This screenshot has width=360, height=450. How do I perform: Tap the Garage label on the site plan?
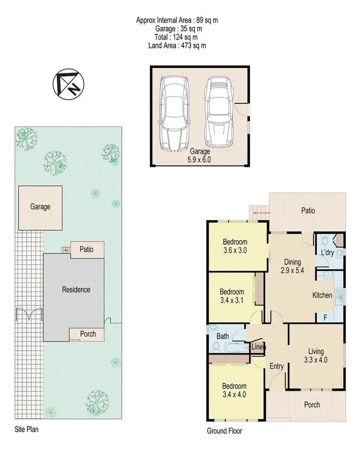(x=40, y=207)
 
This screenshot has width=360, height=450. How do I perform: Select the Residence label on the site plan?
(x=76, y=290)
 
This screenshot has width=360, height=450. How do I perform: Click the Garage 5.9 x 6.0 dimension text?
(x=198, y=155)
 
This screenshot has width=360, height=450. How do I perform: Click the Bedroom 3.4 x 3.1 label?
(x=232, y=296)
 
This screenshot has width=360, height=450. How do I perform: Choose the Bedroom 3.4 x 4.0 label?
(x=234, y=390)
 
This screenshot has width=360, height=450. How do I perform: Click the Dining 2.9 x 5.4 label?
(x=292, y=266)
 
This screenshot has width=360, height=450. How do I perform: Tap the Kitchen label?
(x=322, y=295)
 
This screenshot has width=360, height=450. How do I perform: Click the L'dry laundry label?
(x=327, y=252)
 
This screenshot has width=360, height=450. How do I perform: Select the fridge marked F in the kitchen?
(x=325, y=318)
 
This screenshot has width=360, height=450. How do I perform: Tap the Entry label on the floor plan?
(x=276, y=367)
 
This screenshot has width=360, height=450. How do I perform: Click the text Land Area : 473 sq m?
(x=178, y=46)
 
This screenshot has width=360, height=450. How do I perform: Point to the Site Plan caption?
(x=26, y=430)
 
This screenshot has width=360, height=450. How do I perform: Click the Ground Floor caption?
(x=225, y=431)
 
